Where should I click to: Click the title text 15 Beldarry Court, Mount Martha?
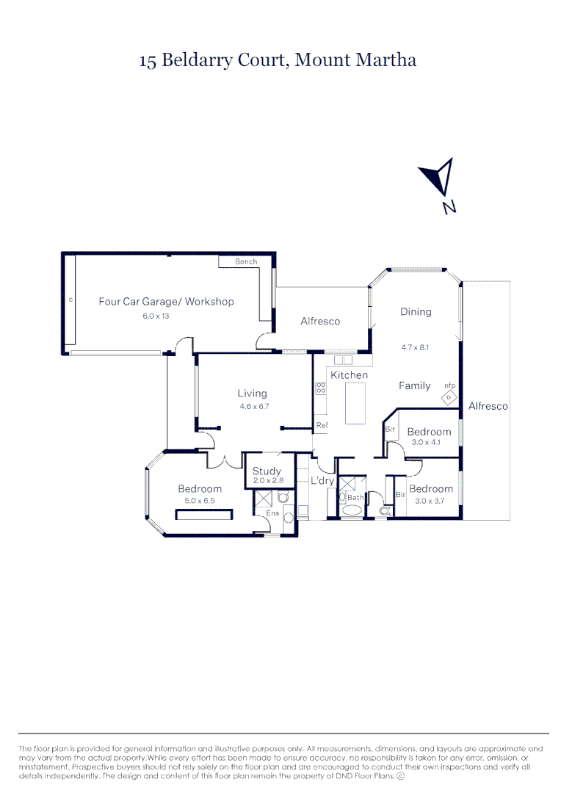[x=278, y=60]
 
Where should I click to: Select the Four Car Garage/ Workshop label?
[x=166, y=301]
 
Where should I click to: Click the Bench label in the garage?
[x=245, y=262]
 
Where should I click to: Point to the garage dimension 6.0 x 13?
[x=155, y=316]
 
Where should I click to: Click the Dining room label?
[x=416, y=311]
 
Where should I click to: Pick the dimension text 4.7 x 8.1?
[x=414, y=348]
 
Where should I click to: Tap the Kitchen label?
[x=349, y=375]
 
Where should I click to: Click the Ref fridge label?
[x=321, y=425]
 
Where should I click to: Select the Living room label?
[x=252, y=394]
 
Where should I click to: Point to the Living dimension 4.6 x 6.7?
[x=254, y=407]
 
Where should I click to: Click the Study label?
[x=267, y=471]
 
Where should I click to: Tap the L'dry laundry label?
[x=322, y=481]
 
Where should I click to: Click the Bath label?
[x=355, y=497]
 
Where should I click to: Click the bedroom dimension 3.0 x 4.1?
[x=430, y=443]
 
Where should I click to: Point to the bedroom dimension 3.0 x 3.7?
[x=431, y=501]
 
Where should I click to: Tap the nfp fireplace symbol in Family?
[x=448, y=396]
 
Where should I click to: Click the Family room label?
[x=414, y=385]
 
